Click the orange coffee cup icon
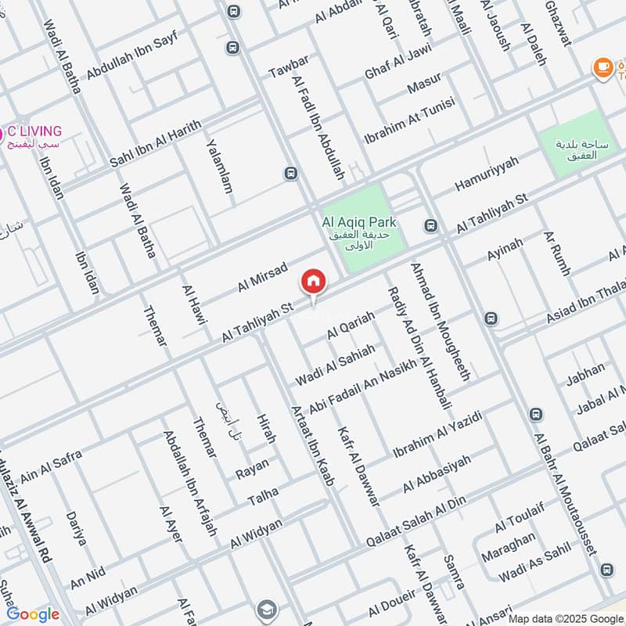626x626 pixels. [603, 69]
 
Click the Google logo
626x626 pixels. [33, 614]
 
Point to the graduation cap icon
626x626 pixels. [268, 609]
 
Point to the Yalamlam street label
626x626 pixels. [220, 167]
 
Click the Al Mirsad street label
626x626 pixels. [263, 278]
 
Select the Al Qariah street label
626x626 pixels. [351, 325]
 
